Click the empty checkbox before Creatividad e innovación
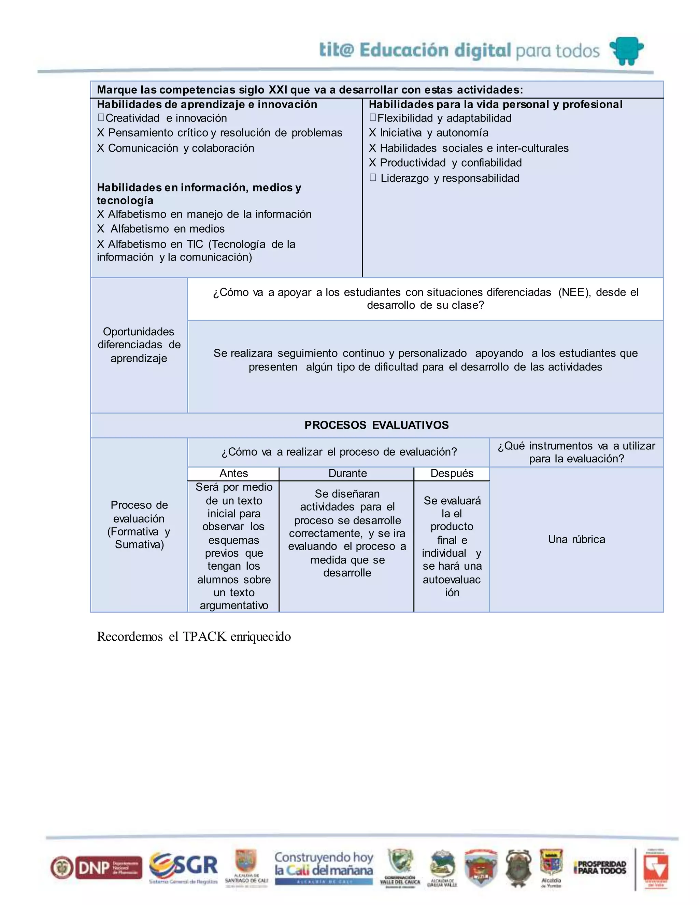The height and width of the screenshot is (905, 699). pos(101,118)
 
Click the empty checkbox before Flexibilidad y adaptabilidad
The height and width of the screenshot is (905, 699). pos(373,118)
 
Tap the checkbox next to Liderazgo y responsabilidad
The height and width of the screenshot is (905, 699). pos(373,178)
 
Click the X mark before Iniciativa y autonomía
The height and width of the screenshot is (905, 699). pos(372,133)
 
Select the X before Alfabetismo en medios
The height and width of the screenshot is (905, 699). pos(101,229)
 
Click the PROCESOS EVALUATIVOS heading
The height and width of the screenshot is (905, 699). pos(376,425)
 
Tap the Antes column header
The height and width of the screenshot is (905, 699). pos(233,473)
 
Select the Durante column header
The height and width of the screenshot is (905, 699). pos(347,473)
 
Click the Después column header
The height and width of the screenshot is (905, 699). pos(452,473)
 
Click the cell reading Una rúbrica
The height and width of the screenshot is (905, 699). pos(576,539)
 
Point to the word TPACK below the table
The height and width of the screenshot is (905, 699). pos(204,637)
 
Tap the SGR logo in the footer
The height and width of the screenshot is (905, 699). pos(183,866)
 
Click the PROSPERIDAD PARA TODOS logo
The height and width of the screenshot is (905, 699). pos(600,867)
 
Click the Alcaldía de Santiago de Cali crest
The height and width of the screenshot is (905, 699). pos(246,864)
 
